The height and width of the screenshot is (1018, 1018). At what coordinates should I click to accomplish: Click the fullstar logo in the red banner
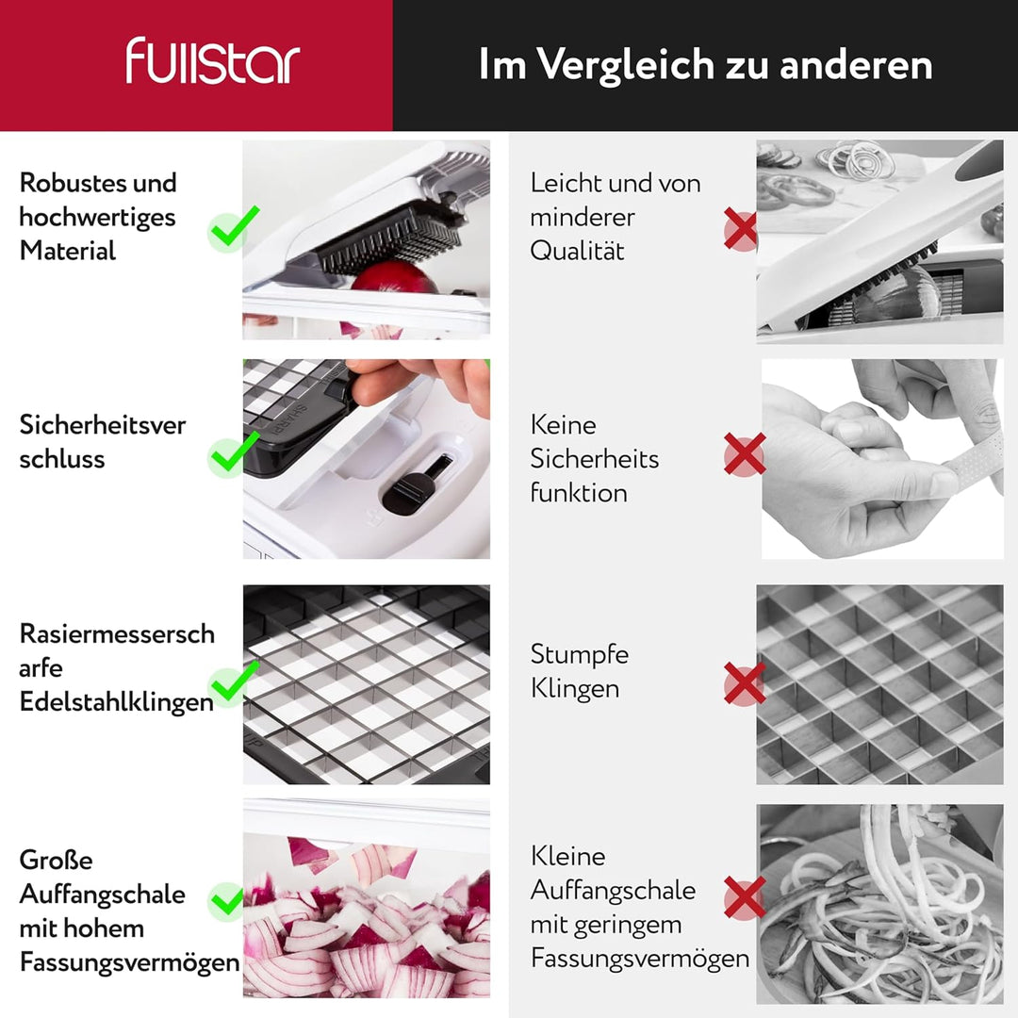pos(213,62)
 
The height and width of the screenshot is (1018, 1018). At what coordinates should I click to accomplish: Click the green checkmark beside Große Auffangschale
pos(228,900)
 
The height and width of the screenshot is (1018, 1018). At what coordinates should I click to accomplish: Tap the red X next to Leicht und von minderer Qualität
pos(741,229)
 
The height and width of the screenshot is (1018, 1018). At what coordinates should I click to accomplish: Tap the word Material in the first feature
pos(68,251)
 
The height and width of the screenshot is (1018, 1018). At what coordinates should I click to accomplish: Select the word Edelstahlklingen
pos(116,702)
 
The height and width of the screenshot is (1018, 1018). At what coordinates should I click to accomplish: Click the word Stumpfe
pos(579,654)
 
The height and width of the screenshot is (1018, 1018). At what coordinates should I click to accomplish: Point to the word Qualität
pos(577,251)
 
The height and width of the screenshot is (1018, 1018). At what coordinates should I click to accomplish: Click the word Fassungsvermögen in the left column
pos(129,962)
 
